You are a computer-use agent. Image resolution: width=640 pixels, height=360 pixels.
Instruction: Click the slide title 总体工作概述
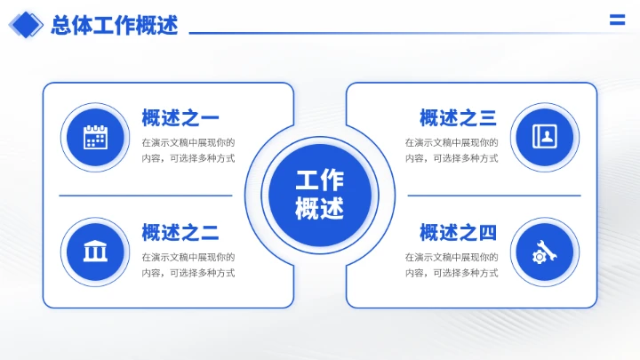click(115, 25)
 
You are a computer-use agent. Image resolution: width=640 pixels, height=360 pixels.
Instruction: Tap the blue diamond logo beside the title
click(26, 25)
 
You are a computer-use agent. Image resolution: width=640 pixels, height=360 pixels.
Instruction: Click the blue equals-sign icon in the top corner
click(617, 21)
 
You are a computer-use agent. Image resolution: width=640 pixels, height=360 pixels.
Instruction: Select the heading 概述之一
click(180, 117)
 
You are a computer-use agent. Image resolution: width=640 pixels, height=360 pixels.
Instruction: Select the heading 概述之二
click(180, 233)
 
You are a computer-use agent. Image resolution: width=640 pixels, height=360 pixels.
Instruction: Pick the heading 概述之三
click(458, 117)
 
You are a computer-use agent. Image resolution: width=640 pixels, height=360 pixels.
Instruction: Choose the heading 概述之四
click(458, 233)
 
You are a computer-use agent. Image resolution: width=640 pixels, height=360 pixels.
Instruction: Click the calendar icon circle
click(95, 137)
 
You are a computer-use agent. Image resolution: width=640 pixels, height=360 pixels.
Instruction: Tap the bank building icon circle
click(95, 252)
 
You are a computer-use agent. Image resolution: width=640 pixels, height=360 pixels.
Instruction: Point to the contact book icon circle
click(545, 137)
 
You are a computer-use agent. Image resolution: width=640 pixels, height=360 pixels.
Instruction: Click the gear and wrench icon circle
click(545, 252)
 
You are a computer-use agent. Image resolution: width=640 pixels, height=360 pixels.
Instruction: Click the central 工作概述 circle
click(319, 195)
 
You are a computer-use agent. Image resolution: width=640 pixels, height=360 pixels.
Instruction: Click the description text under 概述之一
click(188, 150)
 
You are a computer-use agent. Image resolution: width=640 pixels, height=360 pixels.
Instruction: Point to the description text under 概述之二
click(188, 265)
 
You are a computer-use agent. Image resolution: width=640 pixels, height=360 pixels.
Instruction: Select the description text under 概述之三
click(452, 150)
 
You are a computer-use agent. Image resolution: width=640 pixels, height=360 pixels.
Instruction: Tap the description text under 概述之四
click(452, 265)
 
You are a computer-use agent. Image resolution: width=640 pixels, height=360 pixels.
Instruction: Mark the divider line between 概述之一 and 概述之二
click(146, 195)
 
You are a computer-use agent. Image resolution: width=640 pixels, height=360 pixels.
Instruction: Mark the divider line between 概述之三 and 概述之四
click(494, 195)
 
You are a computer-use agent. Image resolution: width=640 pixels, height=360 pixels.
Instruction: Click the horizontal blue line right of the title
click(391, 33)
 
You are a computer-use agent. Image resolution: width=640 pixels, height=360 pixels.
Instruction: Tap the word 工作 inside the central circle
click(319, 180)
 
